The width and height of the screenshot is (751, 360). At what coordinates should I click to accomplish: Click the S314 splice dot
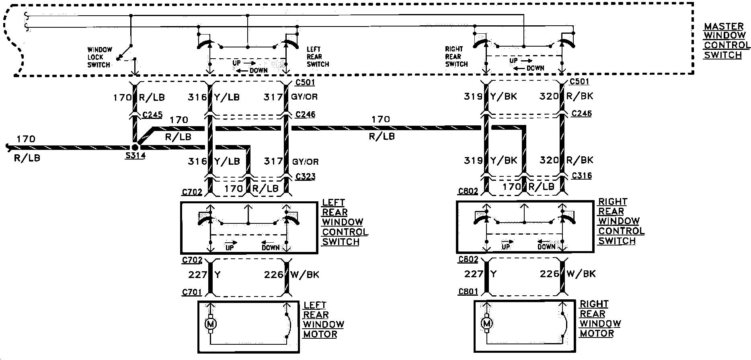(x=135, y=147)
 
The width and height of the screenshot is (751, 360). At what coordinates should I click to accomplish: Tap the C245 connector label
(x=152, y=115)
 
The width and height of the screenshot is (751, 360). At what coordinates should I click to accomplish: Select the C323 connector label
(x=305, y=176)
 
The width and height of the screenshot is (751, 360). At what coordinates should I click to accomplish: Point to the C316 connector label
(x=581, y=176)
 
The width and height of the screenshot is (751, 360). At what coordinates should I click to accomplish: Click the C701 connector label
(x=191, y=292)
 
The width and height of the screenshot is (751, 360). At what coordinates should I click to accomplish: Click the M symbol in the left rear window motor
(x=210, y=323)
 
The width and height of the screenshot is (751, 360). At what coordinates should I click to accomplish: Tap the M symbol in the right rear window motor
(x=487, y=323)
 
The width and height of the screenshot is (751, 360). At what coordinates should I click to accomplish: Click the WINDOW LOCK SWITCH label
(x=99, y=57)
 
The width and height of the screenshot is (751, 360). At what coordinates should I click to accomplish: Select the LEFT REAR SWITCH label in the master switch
(x=317, y=57)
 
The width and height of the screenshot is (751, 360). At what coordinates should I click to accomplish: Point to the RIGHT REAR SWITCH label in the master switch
(x=456, y=56)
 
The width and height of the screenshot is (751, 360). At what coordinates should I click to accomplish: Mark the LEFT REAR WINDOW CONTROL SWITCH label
(x=345, y=222)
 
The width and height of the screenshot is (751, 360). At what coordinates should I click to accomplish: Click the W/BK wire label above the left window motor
(x=305, y=275)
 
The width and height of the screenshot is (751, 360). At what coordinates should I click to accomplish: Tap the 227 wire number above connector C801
(x=474, y=274)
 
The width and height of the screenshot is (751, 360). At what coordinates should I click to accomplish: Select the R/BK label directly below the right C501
(x=579, y=96)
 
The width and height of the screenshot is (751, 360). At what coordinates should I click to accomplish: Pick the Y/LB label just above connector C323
(x=227, y=162)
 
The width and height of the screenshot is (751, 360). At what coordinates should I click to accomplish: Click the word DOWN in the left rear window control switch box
(x=270, y=247)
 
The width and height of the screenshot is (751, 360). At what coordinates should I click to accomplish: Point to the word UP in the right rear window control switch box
(x=506, y=246)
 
